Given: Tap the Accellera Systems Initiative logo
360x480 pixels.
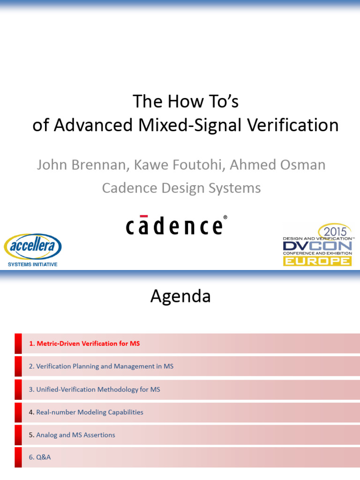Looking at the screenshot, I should [32, 250].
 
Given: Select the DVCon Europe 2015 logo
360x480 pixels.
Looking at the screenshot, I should [317, 245].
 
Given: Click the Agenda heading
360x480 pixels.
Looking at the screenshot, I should [180, 296].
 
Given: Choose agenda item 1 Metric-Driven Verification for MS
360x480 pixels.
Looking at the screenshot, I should [84, 344].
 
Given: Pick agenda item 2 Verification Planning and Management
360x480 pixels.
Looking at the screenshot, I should [101, 367].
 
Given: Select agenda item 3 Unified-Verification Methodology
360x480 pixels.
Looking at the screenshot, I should [95, 390].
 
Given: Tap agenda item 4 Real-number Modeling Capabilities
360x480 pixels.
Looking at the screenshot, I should [86, 412].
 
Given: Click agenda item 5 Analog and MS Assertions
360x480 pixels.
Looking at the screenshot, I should [72, 435].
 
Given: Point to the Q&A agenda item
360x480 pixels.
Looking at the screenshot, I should [40, 457].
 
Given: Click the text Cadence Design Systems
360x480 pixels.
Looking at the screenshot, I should [181, 188].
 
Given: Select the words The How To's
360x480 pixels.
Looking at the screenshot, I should [186, 101].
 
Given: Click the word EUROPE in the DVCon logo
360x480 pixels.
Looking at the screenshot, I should [317, 261].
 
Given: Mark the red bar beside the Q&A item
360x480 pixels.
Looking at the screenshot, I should [18, 457].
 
